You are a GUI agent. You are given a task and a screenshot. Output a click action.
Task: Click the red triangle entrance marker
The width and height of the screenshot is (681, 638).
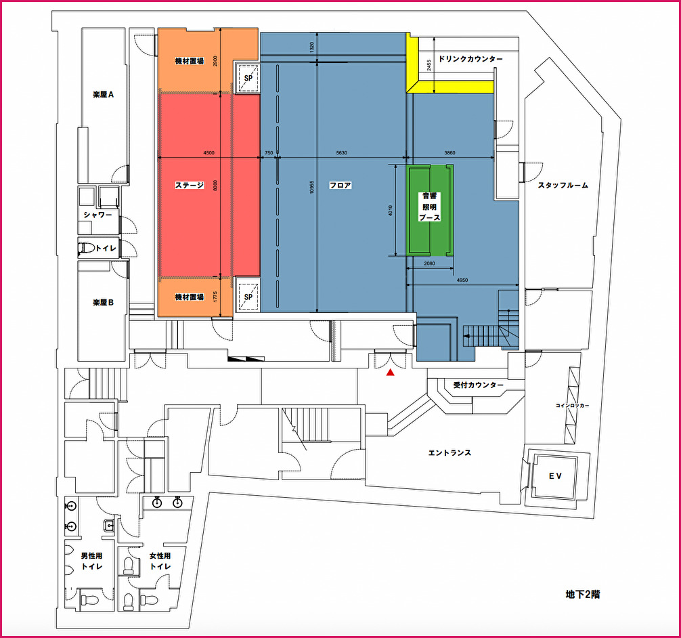coord(391,372)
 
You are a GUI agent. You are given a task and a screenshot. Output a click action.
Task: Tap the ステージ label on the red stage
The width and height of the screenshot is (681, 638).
coord(190,185)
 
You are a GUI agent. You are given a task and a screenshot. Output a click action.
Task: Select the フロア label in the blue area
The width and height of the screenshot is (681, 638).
coord(340,185)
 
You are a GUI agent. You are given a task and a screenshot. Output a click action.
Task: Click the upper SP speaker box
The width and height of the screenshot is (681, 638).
coord(248,79)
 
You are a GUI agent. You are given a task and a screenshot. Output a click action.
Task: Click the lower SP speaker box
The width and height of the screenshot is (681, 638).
coord(248,297)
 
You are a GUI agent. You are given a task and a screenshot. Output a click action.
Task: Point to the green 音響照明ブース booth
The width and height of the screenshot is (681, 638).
coord(430,211)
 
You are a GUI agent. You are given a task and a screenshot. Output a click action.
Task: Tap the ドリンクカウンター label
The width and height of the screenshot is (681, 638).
coord(470,59)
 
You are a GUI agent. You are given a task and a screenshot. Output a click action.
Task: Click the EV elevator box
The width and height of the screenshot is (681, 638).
coord(556,476)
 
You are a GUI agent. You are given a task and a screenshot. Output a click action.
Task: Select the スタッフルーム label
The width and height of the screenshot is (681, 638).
coord(563,185)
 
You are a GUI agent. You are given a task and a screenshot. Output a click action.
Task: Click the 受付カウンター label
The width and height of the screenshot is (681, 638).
coord(478,385)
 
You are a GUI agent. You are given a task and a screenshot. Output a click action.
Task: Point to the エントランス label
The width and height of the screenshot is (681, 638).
coord(449,453)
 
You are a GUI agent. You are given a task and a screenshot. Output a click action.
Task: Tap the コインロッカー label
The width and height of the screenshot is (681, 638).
coord(573,406)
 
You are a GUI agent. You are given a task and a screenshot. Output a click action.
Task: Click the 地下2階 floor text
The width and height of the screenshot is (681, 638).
coord(583,594)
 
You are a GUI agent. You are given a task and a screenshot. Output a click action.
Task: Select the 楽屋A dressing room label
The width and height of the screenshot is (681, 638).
coord(104,94)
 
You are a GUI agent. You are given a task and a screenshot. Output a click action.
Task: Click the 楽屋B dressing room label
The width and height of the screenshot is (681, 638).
coord(104,303)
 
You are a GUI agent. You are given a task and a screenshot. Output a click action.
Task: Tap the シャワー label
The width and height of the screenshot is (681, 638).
coord(97,215)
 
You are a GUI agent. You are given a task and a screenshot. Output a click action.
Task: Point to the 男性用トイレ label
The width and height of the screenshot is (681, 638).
coord(91,561)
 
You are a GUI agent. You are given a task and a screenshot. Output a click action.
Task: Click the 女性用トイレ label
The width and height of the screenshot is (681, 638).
coord(160,561)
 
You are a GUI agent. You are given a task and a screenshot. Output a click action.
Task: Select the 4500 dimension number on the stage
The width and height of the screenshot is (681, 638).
coord(209,153)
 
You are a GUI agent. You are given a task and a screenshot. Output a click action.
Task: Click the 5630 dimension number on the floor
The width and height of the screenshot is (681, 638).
coord(342,153)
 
